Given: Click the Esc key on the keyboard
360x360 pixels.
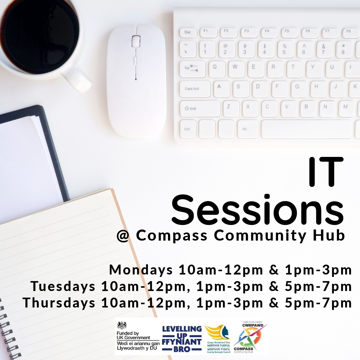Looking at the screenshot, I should [x=188, y=32].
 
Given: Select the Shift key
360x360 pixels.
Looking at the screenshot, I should [x=200, y=108].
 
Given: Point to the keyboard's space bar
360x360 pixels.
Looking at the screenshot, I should [x=306, y=129].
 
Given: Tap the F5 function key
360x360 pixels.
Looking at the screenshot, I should [x=287, y=31].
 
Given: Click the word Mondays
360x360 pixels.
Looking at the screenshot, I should [x=141, y=270].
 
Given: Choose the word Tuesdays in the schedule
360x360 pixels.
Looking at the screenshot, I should [x=63, y=286].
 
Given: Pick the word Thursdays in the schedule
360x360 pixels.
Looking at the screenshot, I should [x=59, y=303].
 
